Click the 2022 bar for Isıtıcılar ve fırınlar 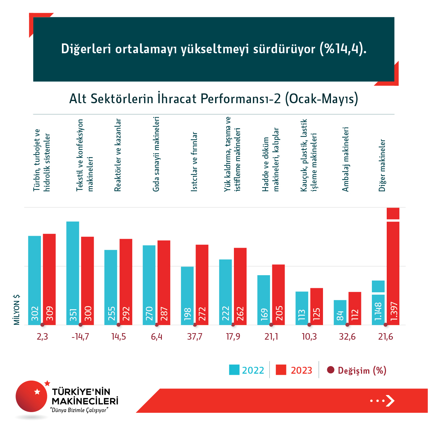click(187, 295)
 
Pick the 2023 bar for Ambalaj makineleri click(355, 308)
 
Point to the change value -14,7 click(80, 337)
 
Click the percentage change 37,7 click(195, 337)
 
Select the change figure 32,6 click(347, 337)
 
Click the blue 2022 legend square click(234, 370)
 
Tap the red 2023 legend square click(281, 370)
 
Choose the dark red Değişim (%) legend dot click(330, 370)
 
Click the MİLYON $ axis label click(17, 309)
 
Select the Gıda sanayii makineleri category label click(156, 154)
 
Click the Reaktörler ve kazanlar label click(118, 155)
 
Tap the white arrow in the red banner click(390, 400)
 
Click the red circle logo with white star click(32, 396)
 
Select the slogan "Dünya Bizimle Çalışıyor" click(80, 410)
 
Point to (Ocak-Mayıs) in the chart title click(322, 98)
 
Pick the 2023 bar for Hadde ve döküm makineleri click(278, 294)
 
